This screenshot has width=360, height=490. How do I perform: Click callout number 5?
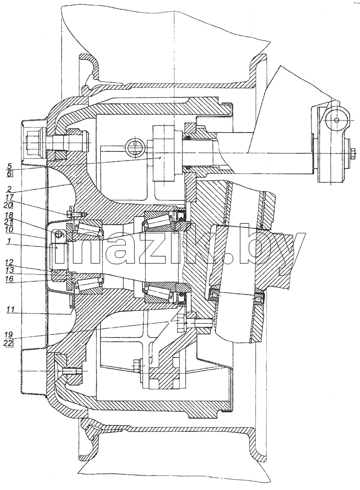pos(9,165)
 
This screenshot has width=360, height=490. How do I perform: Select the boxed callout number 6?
pos(9,174)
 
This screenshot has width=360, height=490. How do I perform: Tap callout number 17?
pos(9,197)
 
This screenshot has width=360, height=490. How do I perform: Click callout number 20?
pos(9,205)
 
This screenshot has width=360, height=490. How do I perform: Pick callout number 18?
pos(9,215)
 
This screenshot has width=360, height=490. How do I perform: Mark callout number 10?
pos(9,229)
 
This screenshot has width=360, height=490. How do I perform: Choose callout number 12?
pos(9,263)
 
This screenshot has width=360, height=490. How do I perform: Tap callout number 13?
pos(9,270)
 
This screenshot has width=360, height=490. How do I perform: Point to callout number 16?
pos(9,278)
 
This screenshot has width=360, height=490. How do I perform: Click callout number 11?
pos(10,310)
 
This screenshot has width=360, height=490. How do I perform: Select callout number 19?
pos(9,335)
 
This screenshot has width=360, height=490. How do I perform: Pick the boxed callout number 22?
pos(9,343)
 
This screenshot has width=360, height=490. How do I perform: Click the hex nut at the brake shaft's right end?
pos(351,153)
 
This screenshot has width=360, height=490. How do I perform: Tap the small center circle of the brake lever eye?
pos(336,120)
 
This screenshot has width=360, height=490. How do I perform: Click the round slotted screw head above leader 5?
pos(135,147)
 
